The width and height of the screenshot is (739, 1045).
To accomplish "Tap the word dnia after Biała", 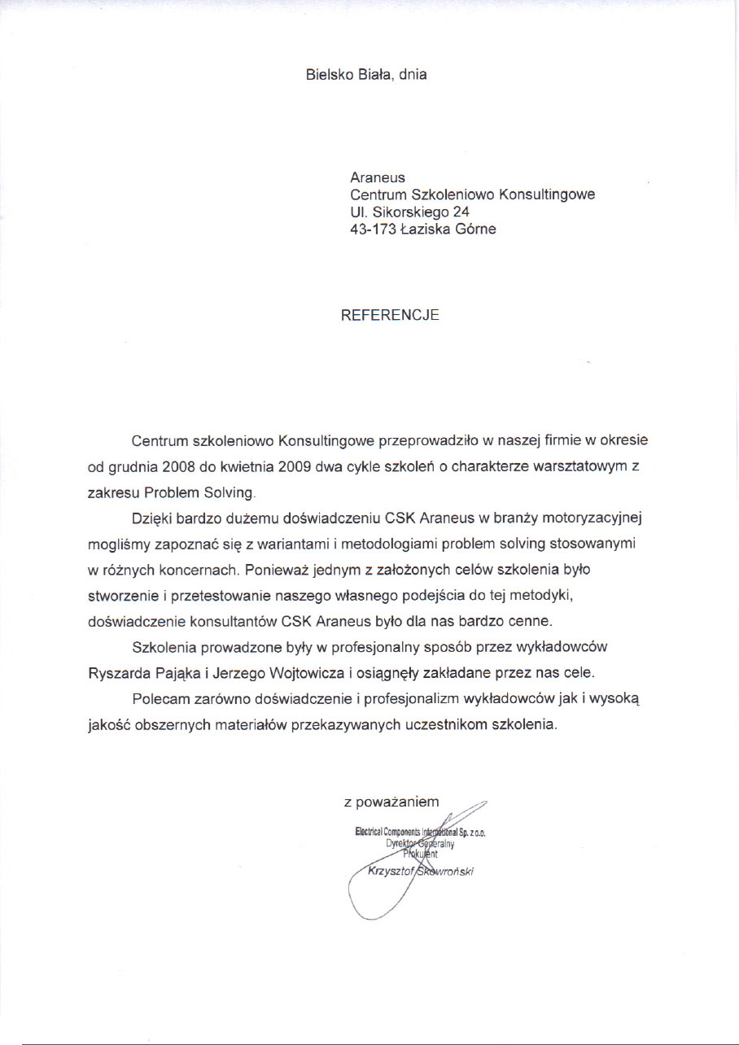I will click(x=413, y=75).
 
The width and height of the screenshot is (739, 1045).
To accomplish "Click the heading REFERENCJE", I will click(x=390, y=316).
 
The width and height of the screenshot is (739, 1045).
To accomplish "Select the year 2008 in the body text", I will click(x=180, y=467).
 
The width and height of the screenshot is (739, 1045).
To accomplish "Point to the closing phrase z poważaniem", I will click(x=391, y=802).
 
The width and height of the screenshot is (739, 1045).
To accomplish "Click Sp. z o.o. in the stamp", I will click(x=471, y=833).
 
